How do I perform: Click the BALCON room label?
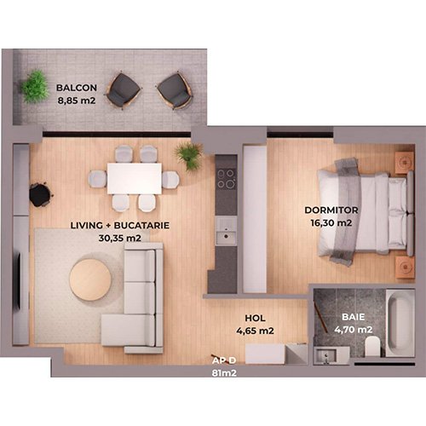pyautogui.click(x=77, y=88)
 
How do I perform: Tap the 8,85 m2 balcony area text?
pyautogui.click(x=77, y=101)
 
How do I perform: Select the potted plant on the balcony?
pyautogui.click(x=35, y=86)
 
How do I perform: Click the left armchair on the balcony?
pyautogui.click(x=124, y=90)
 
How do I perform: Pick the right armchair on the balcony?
pyautogui.click(x=175, y=90)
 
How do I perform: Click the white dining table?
pyautogui.click(x=135, y=179)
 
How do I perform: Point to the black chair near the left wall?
pyautogui.click(x=41, y=194)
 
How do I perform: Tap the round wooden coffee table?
pyautogui.click(x=90, y=279)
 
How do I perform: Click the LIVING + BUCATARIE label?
pyautogui.click(x=120, y=226)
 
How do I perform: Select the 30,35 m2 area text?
pyautogui.click(x=120, y=238)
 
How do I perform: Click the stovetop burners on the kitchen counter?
pyautogui.click(x=226, y=179)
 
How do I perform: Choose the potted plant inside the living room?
pyautogui.click(x=188, y=155)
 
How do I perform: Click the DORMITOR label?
pyautogui.click(x=331, y=210)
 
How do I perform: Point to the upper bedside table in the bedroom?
pyautogui.click(x=405, y=163)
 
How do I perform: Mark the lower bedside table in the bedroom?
pyautogui.click(x=405, y=267)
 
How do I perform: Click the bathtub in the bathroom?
pyautogui.click(x=400, y=323)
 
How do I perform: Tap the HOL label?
pyautogui.click(x=255, y=318)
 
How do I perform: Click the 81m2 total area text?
pyautogui.click(x=224, y=373)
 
